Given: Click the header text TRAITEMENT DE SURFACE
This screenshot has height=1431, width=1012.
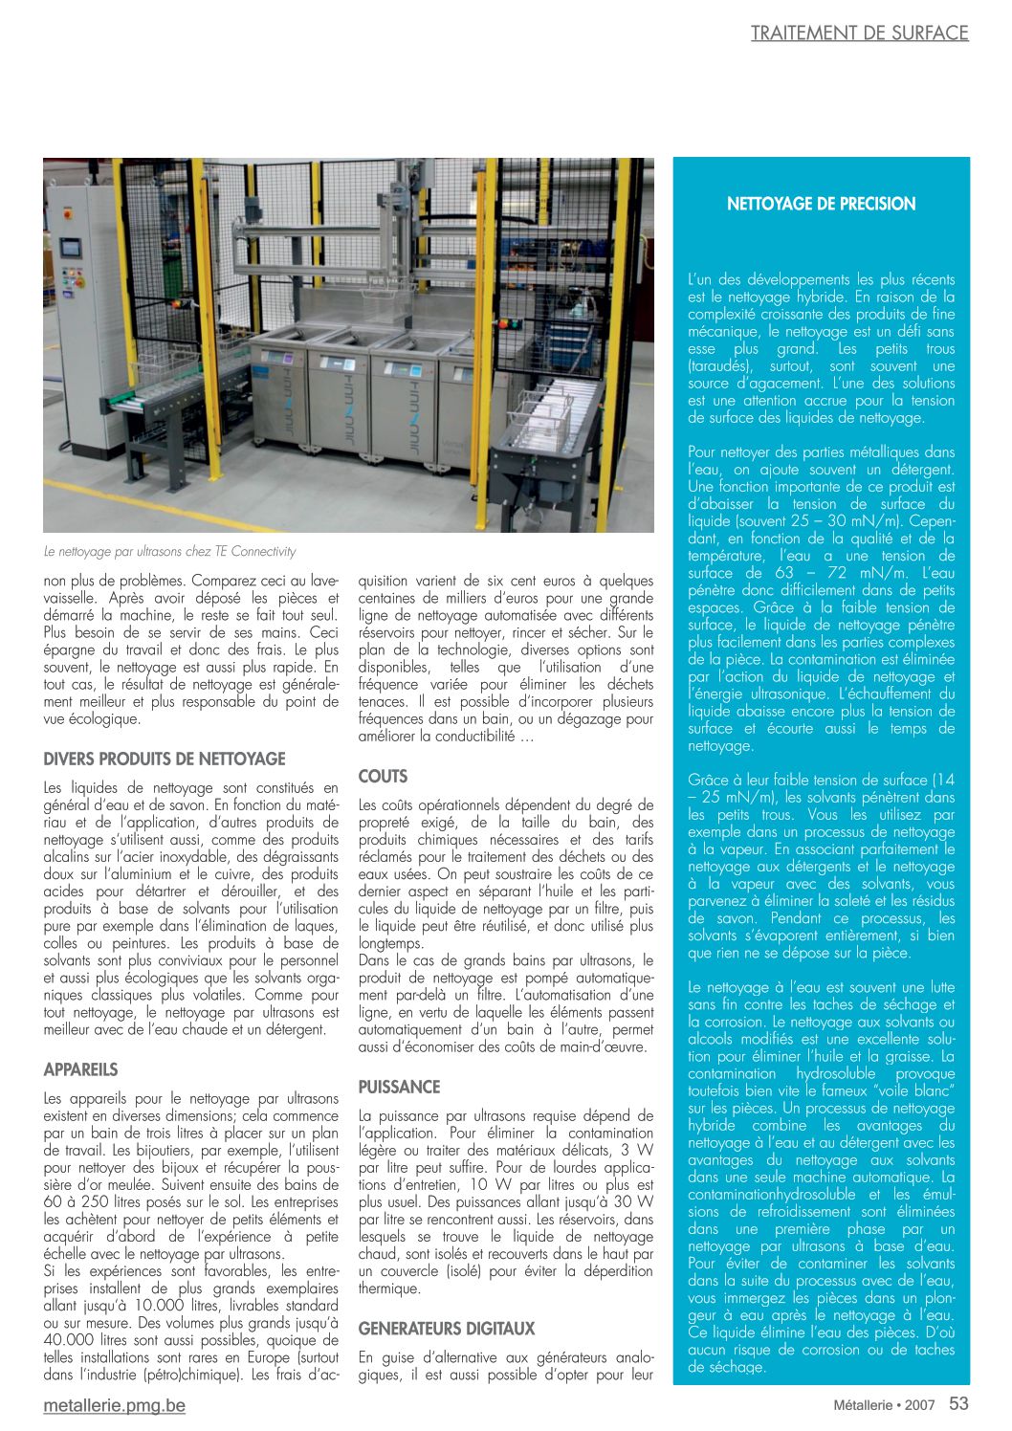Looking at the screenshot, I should click(x=859, y=33).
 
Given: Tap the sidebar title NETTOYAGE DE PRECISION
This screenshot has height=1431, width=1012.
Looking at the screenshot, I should click(x=821, y=204).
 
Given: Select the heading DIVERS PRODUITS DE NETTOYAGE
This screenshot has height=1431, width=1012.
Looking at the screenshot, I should click(x=165, y=760).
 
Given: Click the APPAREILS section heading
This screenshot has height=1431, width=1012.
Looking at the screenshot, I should click(x=81, y=1069).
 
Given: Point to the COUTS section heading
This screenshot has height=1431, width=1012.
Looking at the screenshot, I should click(x=383, y=777).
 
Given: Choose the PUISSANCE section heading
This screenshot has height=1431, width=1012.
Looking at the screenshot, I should click(x=399, y=1087).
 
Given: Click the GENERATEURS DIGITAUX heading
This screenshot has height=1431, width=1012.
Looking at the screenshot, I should click(x=447, y=1329).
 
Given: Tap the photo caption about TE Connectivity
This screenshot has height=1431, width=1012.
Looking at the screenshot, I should click(x=170, y=552).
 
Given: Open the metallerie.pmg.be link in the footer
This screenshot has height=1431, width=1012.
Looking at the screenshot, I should click(x=115, y=1405).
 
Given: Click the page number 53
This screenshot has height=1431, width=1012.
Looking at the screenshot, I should click(x=958, y=1403).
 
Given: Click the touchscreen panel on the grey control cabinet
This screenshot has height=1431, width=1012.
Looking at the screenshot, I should click(x=71, y=247).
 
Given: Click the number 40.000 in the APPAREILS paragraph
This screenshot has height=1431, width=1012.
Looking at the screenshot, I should click(x=69, y=1340).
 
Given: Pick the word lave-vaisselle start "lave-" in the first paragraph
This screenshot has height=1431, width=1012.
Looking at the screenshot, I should click(x=321, y=581).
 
